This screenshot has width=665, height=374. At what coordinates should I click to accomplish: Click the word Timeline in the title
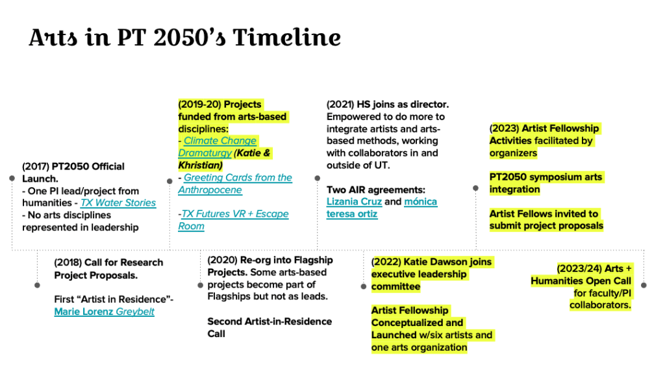coord(286,37)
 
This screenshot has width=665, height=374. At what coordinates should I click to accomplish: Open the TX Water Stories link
coord(118,203)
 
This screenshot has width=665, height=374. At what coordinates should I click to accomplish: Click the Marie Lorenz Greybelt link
coord(105,312)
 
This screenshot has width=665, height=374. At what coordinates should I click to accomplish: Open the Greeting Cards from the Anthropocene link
coord(235,184)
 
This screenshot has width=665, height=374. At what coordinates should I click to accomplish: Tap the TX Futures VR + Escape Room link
coord(234,220)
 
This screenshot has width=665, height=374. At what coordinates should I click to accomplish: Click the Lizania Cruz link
coord(354,201)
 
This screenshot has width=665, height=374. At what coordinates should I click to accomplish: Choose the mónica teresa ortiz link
coord(382,208)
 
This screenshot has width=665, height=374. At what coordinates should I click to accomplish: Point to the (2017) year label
coord(36,166)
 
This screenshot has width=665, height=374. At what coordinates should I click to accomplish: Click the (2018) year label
coord(68,262)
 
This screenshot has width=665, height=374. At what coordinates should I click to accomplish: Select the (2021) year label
coord(340,105)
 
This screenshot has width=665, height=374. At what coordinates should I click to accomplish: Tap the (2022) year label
coord(386,262)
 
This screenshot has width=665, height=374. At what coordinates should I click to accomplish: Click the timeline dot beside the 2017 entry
coord(12,179)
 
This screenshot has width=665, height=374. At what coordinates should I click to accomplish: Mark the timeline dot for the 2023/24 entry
coord(644,286)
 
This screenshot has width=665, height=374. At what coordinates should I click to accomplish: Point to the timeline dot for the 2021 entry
coord(317,178)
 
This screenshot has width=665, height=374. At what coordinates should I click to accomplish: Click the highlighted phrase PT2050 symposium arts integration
coord(546,183)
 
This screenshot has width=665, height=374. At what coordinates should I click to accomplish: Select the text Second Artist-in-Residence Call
coord(270,327)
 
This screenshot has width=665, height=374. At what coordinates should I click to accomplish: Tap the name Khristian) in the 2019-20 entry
coord(200,165)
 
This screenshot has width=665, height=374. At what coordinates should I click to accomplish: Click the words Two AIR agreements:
coord(376,190)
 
